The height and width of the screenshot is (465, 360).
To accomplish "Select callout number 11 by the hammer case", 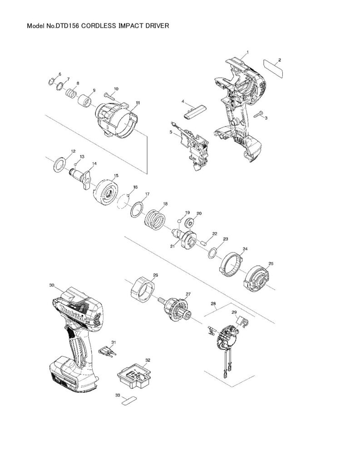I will tap(138, 103).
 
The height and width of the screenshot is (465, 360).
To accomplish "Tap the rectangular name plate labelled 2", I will tap(273, 70).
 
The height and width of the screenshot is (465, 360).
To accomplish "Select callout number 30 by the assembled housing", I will tap(51, 285).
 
